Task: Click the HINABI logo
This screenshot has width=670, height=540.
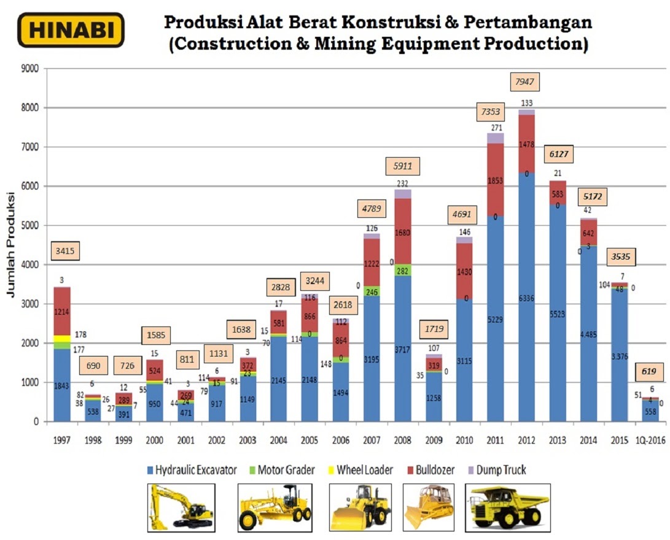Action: [71, 30]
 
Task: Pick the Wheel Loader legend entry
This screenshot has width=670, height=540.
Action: [364, 470]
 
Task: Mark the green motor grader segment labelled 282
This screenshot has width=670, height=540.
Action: [403, 270]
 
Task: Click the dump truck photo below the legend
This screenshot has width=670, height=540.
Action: [507, 507]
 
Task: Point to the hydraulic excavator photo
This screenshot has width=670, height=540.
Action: [181, 507]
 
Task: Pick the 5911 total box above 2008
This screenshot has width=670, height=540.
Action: [403, 165]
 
